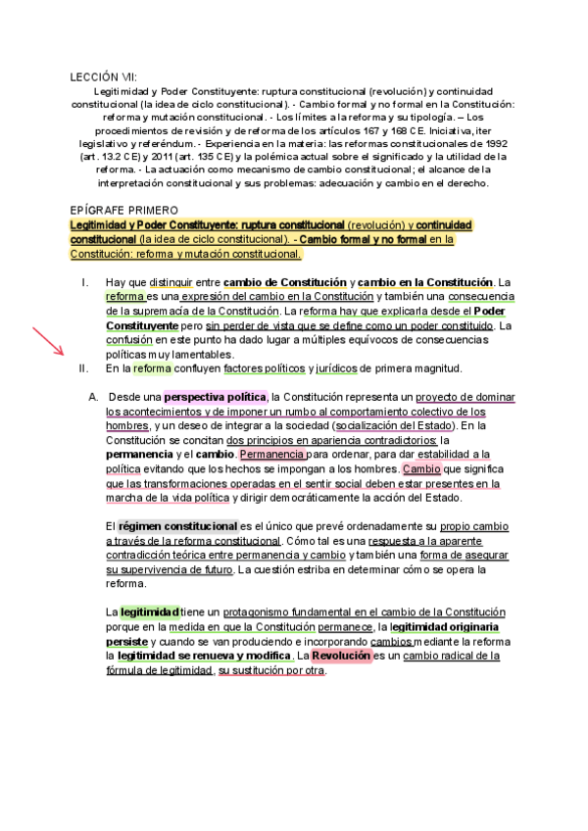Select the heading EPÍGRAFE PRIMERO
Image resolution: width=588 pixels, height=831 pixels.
coord(124,210)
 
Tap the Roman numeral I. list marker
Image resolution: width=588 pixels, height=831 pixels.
coord(85,283)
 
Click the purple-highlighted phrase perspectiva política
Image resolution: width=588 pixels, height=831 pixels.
coord(215,397)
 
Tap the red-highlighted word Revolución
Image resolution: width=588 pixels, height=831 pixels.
coord(341,656)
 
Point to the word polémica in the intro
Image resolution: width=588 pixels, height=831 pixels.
coord(319,155)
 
